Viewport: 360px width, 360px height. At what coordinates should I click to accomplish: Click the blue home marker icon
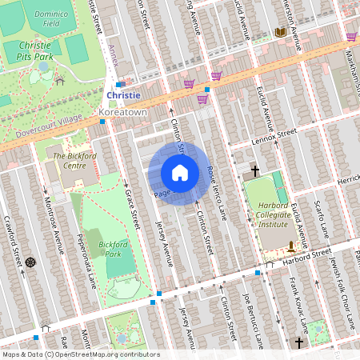click(179, 172)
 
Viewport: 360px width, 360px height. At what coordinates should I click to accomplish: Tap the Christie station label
click(123, 95)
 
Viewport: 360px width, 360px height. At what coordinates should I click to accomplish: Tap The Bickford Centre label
click(70, 160)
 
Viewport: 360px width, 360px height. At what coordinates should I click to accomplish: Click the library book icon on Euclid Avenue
click(280, 33)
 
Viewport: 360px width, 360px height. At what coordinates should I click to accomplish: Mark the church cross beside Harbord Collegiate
click(255, 170)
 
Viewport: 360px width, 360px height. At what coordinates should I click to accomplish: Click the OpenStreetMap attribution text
click(81, 354)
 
